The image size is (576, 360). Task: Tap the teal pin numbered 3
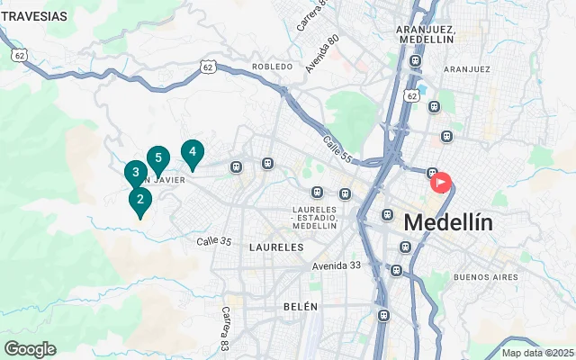pyautogui.click(x=135, y=173)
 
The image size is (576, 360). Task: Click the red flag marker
pyautogui.click(x=441, y=183)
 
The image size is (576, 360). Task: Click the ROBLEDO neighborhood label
pyautogui.click(x=273, y=67)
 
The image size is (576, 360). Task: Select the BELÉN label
pyautogui.click(x=301, y=307)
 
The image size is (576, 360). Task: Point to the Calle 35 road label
pyautogui.click(x=214, y=241)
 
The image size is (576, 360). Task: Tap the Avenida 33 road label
pyautogui.click(x=337, y=265)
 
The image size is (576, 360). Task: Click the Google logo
pyautogui.click(x=30, y=349)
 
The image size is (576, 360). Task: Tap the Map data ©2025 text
pyautogui.click(x=537, y=353)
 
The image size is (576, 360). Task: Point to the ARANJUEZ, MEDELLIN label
pyautogui.click(x=426, y=34)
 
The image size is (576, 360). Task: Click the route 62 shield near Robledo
pyautogui.click(x=208, y=67)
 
